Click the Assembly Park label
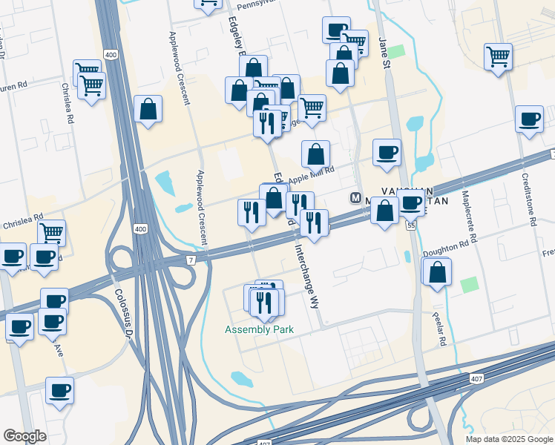tap(260, 329)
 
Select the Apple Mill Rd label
tap(312, 177)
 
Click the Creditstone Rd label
tap(529, 200)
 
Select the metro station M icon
tap(355, 198)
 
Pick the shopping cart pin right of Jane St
tap(498, 56)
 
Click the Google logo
tap(24, 436)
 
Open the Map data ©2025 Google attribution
tap(510, 439)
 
